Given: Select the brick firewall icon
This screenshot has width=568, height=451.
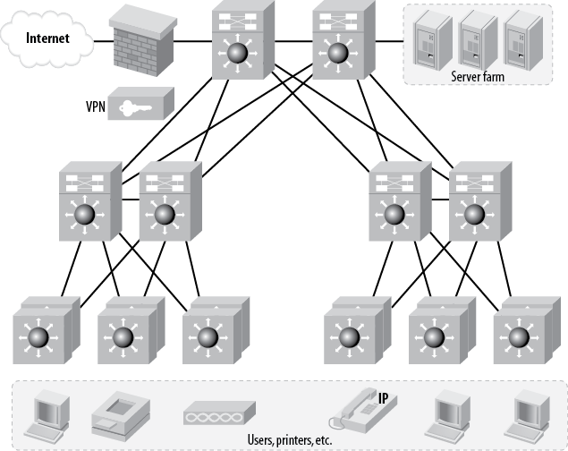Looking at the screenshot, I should [x=142, y=41].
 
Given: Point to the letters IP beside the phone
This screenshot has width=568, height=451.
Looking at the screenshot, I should [x=383, y=396].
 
